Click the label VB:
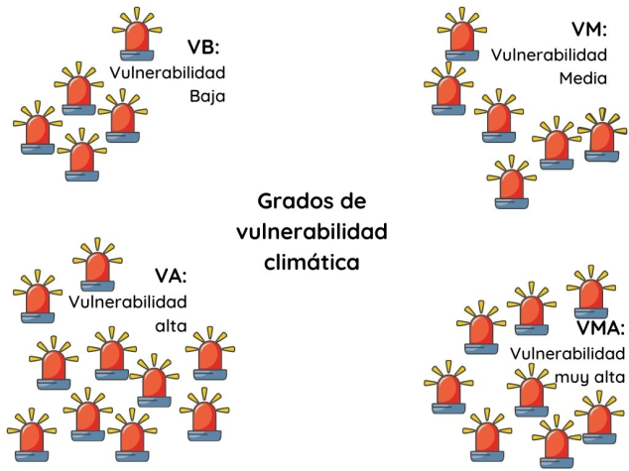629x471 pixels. tap(203, 48)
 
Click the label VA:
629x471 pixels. tap(171, 276)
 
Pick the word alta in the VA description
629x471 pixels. tap(170, 325)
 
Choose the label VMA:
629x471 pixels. tap(600, 328)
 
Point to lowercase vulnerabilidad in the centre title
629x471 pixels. tap(312, 232)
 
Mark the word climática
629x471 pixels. tap(312, 263)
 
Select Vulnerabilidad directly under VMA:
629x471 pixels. tap(566, 353)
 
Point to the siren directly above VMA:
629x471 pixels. tap(592, 291)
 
